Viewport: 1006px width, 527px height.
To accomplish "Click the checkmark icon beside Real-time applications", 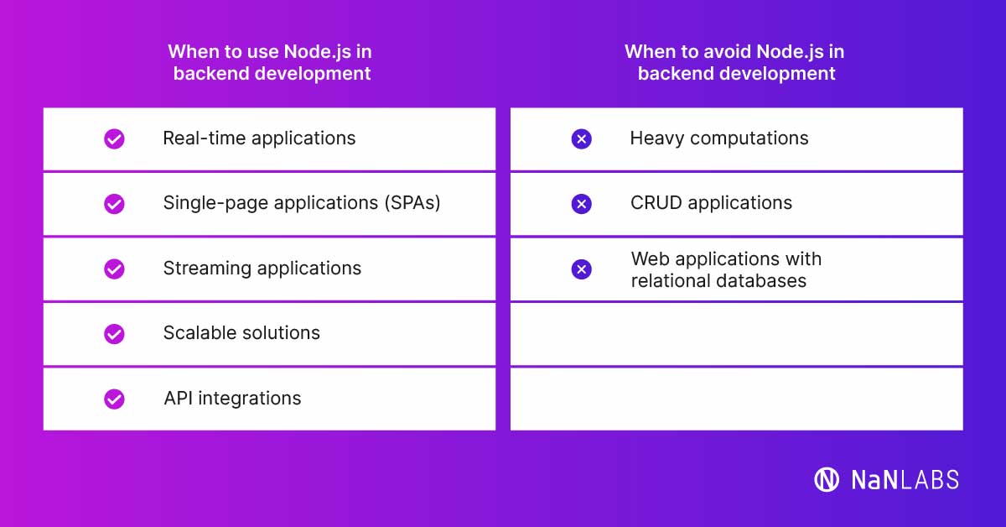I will (x=114, y=139).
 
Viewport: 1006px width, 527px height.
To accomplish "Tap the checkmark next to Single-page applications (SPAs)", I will (x=114, y=204).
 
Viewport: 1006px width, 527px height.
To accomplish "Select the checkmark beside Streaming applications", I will (x=114, y=269).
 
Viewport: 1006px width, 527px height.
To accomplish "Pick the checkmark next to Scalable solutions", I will (x=114, y=334).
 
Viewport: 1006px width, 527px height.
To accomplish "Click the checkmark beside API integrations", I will (x=114, y=399).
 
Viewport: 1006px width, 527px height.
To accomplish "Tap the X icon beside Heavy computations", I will (x=581, y=139).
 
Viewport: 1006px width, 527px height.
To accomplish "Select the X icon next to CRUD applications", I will (x=581, y=204).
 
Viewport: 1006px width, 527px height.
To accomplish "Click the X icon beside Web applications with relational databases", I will (x=581, y=269).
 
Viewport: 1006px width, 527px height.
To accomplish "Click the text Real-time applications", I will (x=259, y=138).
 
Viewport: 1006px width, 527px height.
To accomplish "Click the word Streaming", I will (x=200, y=269).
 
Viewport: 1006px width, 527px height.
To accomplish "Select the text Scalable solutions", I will (x=241, y=333).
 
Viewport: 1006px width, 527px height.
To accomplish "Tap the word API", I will (x=178, y=398).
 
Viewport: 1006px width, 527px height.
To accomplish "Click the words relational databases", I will (x=718, y=281).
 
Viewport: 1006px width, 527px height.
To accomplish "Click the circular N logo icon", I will (x=827, y=480).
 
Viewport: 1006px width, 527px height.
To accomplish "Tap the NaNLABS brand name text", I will (x=905, y=480).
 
